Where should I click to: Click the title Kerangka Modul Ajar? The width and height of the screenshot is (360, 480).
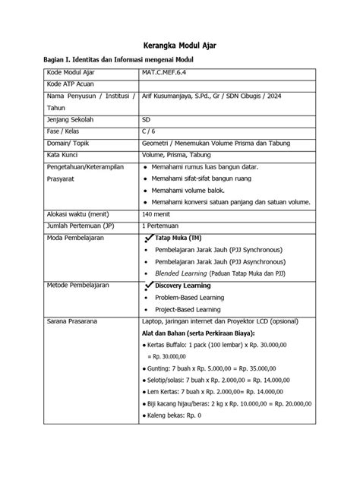[181, 45]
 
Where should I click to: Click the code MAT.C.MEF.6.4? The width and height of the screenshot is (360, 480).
[167, 72]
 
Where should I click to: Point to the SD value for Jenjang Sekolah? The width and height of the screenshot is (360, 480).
[146, 120]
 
